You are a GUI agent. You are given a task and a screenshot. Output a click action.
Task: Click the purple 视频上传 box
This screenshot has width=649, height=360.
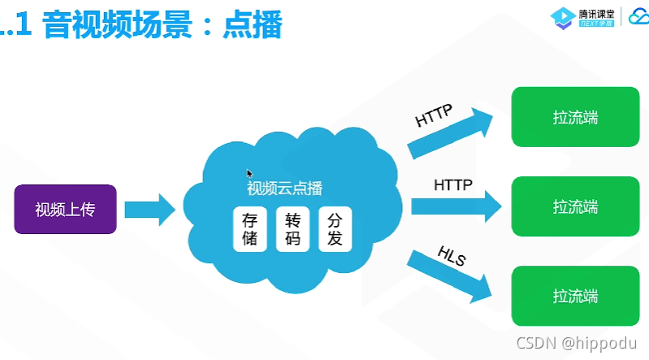click(65, 209)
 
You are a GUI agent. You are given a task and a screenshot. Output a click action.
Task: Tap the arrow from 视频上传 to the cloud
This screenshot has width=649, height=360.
click(150, 209)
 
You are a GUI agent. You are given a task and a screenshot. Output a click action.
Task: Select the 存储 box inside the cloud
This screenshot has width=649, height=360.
click(249, 230)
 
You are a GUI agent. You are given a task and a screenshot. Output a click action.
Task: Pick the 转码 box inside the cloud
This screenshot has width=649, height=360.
click(292, 230)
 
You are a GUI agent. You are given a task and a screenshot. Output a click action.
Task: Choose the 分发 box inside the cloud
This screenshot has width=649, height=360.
click(335, 230)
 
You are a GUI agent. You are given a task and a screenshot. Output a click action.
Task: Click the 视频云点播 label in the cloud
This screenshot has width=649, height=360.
click(284, 189)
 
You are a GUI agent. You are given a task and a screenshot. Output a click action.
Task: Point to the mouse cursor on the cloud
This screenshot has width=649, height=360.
click(250, 173)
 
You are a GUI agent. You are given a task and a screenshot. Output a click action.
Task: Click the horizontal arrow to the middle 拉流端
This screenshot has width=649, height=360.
click(455, 205)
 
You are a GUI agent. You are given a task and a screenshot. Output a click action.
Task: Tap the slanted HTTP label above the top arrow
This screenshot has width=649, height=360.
click(434, 115)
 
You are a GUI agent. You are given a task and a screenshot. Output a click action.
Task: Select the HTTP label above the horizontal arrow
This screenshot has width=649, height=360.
click(453, 184)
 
